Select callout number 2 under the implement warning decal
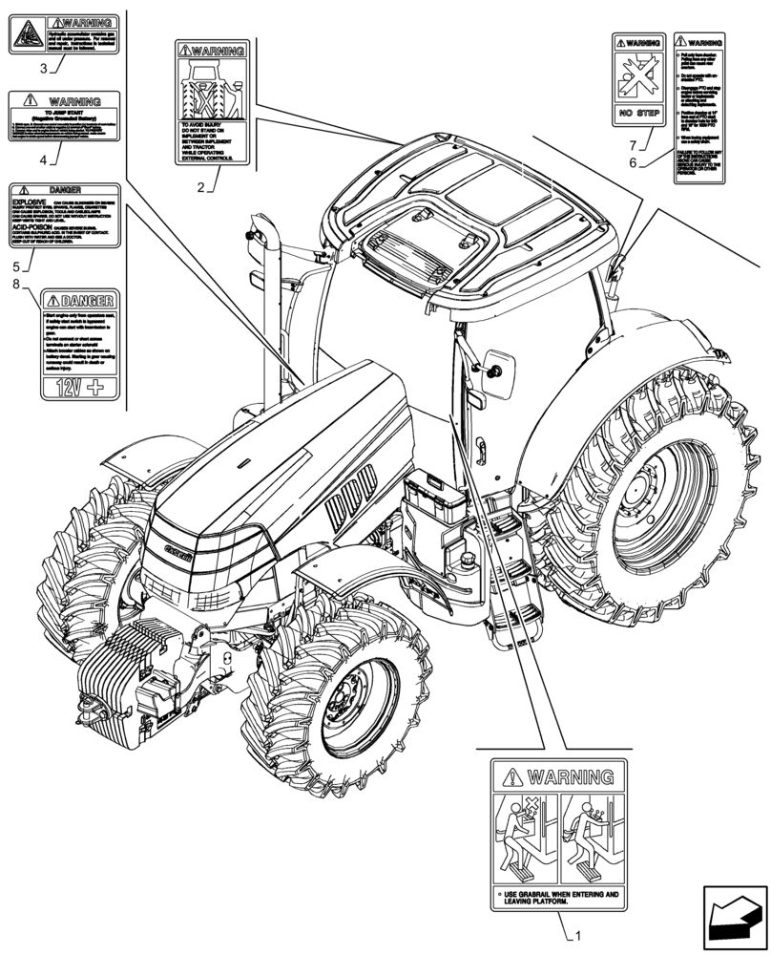tap(201, 187)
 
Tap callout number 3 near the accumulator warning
tap(44, 68)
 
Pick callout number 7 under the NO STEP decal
tap(632, 144)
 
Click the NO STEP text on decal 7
tap(636, 113)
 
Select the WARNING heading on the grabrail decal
tap(559, 775)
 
